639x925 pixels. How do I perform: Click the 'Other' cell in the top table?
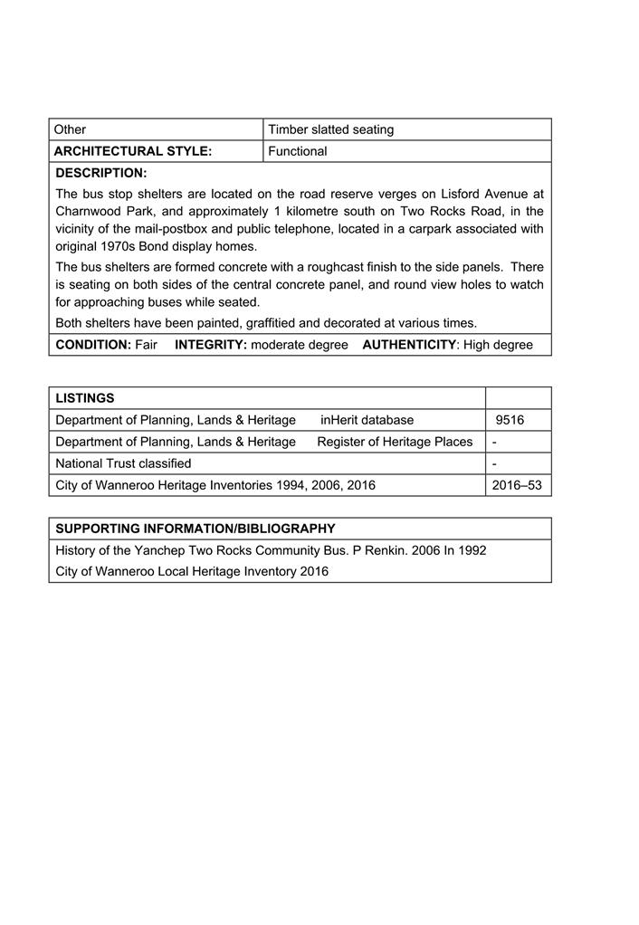click(x=71, y=129)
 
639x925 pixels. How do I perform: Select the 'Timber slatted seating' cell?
click(x=330, y=129)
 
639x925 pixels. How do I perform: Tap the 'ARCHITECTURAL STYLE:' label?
click(x=133, y=151)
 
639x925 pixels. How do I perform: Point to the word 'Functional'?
click(x=297, y=151)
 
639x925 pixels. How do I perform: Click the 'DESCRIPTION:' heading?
click(x=101, y=172)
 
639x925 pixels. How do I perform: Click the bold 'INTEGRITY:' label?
click(x=210, y=345)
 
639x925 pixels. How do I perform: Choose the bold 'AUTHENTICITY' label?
click(x=408, y=345)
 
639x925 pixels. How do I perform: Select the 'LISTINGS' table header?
click(x=85, y=398)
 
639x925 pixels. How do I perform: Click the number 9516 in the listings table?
click(x=510, y=420)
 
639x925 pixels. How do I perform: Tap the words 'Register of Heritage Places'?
click(x=395, y=442)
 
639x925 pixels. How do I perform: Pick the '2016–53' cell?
click(x=517, y=485)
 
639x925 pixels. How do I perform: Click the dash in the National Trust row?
click(x=494, y=463)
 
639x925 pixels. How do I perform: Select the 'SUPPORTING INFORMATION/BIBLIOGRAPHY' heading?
click(x=196, y=529)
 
